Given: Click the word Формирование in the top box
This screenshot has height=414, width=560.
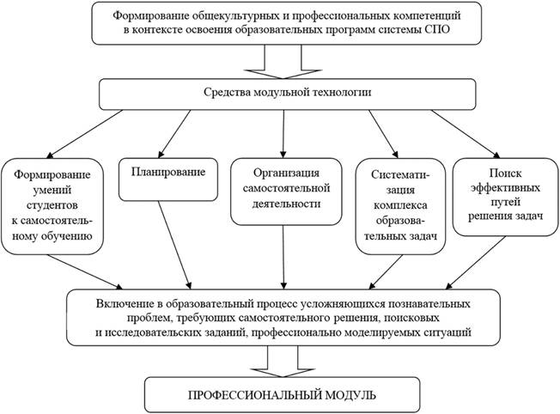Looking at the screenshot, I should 149,15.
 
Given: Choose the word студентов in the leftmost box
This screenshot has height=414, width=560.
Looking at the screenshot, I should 53,206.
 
